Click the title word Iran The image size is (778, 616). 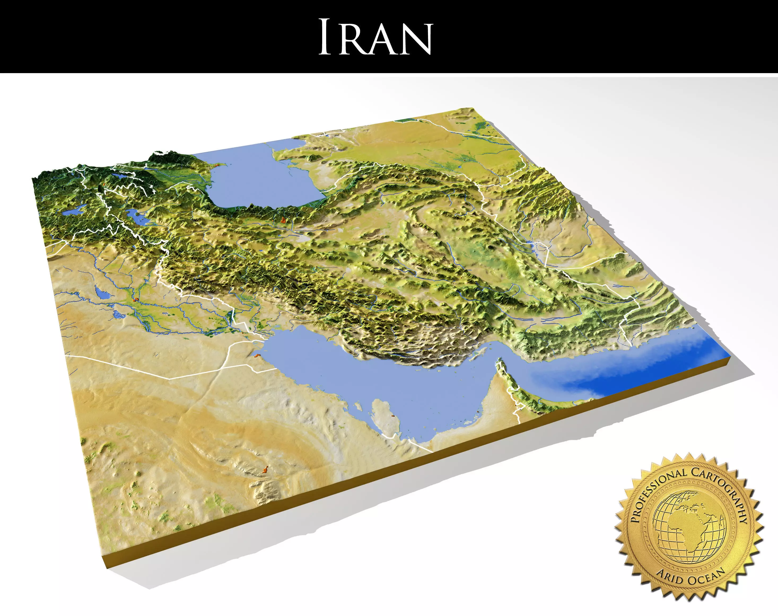(x=375, y=37)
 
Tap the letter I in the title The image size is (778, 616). (x=325, y=37)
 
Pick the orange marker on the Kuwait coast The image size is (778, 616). (x=257, y=356)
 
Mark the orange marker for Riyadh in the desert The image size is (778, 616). (x=266, y=469)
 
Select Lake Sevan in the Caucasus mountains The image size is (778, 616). (x=117, y=176)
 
